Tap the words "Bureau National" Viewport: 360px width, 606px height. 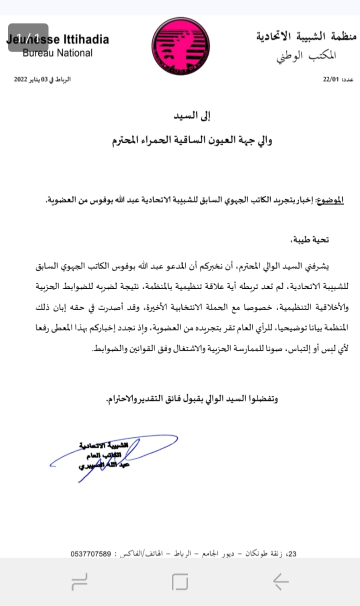[x=57, y=53]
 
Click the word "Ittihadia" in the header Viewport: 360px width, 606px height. [x=85, y=40]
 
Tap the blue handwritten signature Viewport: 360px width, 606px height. [x=115, y=455]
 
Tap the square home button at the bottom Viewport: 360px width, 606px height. [x=179, y=581]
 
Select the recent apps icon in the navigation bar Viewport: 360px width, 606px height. [x=80, y=581]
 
